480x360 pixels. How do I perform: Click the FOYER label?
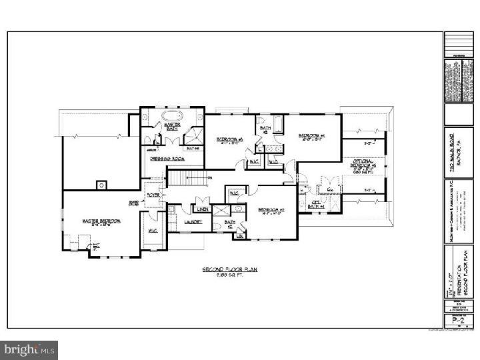(154, 196)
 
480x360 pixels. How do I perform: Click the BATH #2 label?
(231, 224)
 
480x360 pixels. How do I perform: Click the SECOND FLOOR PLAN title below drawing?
(230, 271)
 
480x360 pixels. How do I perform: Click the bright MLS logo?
(29, 349)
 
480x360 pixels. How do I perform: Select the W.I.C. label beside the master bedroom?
(153, 231)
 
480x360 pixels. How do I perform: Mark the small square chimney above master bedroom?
(101, 185)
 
